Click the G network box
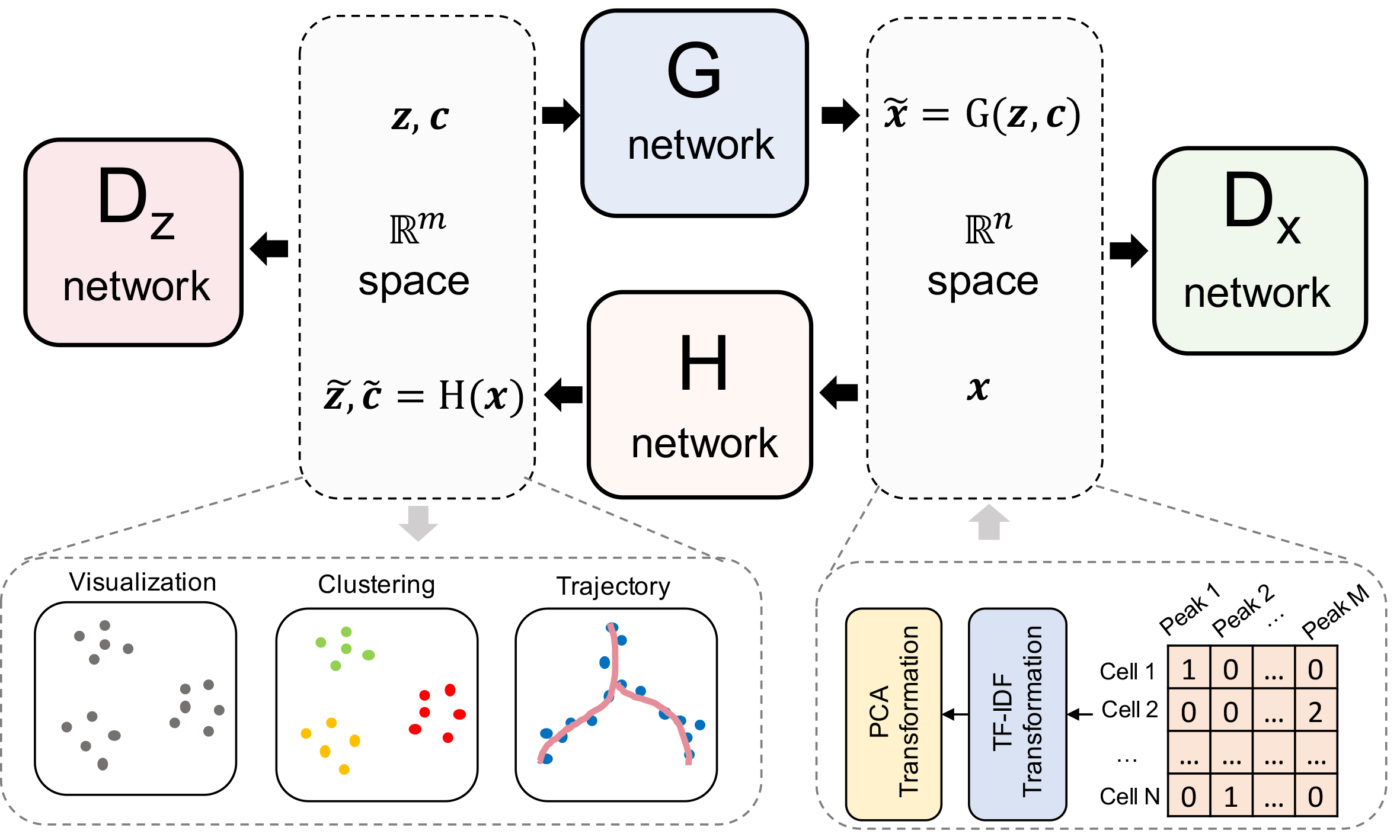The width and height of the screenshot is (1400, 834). (x=695, y=113)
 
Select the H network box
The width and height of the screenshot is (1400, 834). (x=700, y=394)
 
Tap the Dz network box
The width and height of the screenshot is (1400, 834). (x=134, y=242)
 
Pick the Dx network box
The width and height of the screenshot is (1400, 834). (x=1260, y=251)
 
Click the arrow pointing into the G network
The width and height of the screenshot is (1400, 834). (x=560, y=115)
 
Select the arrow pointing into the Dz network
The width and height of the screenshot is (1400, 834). (x=270, y=249)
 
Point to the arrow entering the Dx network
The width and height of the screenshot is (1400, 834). (x=1128, y=251)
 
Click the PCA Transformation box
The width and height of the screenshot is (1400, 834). (x=893, y=714)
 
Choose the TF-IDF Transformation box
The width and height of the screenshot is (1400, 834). (x=1017, y=714)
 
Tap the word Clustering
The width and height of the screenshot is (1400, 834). (x=376, y=585)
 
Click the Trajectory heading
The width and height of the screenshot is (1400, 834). (x=613, y=586)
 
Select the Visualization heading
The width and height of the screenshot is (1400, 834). (x=143, y=582)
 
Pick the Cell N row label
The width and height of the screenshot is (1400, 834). (x=1129, y=797)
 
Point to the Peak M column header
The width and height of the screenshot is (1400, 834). (x=1334, y=612)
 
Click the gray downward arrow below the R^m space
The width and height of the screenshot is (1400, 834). (x=418, y=523)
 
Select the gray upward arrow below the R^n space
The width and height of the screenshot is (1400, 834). (x=989, y=522)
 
